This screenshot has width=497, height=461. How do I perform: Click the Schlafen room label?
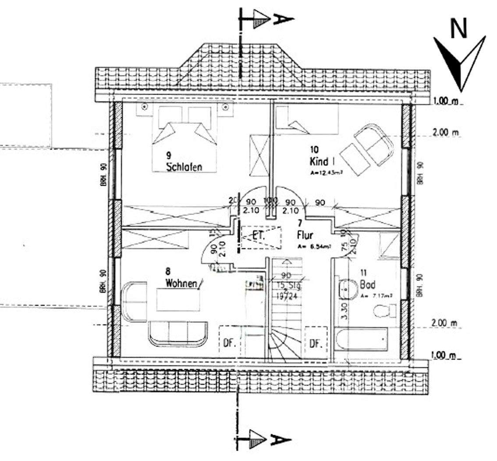pos(184,167)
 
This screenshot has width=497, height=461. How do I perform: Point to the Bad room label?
pos(367,285)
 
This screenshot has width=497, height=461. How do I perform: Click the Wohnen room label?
pos(181,283)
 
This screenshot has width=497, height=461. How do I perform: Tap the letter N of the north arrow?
pos(458,29)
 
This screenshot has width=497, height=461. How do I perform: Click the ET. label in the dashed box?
pos(259,235)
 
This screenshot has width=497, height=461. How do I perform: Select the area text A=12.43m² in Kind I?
pos(326,172)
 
